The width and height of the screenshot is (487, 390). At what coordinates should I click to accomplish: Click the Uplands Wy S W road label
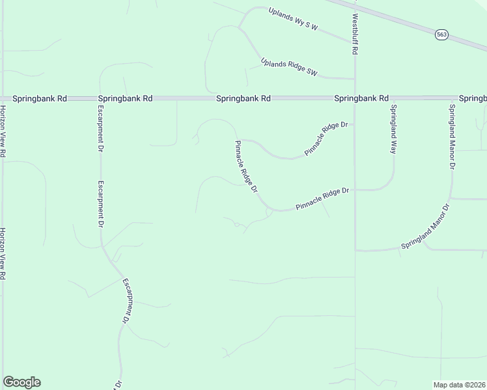(x=294, y=19)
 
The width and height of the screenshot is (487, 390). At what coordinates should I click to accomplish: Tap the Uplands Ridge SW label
(x=288, y=68)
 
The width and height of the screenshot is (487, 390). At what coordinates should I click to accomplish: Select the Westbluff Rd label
(x=356, y=34)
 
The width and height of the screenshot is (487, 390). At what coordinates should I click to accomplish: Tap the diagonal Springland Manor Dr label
(x=425, y=228)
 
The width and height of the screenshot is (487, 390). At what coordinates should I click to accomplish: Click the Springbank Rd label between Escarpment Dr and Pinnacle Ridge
(x=244, y=99)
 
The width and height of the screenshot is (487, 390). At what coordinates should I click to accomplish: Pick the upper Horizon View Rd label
(x=3, y=131)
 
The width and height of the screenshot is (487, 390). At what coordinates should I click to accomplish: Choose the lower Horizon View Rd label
(x=3, y=253)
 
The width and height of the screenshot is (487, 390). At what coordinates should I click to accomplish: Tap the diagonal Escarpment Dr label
(x=128, y=302)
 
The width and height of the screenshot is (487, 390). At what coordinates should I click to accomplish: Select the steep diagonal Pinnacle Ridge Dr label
(x=247, y=166)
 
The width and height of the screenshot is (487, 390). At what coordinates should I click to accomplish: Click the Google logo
(x=21, y=382)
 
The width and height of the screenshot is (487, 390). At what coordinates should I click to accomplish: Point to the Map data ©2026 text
(x=460, y=385)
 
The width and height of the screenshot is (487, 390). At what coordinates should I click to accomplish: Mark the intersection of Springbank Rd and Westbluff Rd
(x=354, y=99)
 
